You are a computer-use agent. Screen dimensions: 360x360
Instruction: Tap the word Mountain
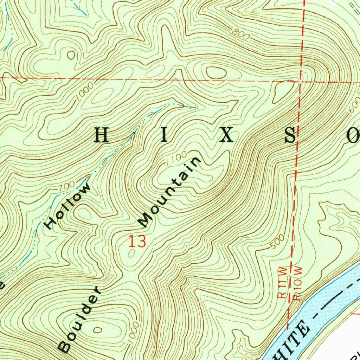[169, 192]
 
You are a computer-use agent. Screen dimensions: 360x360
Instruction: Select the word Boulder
[81, 320]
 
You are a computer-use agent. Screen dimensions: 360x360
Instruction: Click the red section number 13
[137, 242]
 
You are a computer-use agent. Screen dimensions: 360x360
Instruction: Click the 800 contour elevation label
[241, 34]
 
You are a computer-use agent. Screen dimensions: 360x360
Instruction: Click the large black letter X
[227, 135]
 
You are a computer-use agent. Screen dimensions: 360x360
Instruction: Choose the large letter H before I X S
[102, 135]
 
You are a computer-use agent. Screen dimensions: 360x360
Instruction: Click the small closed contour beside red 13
[131, 255]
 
